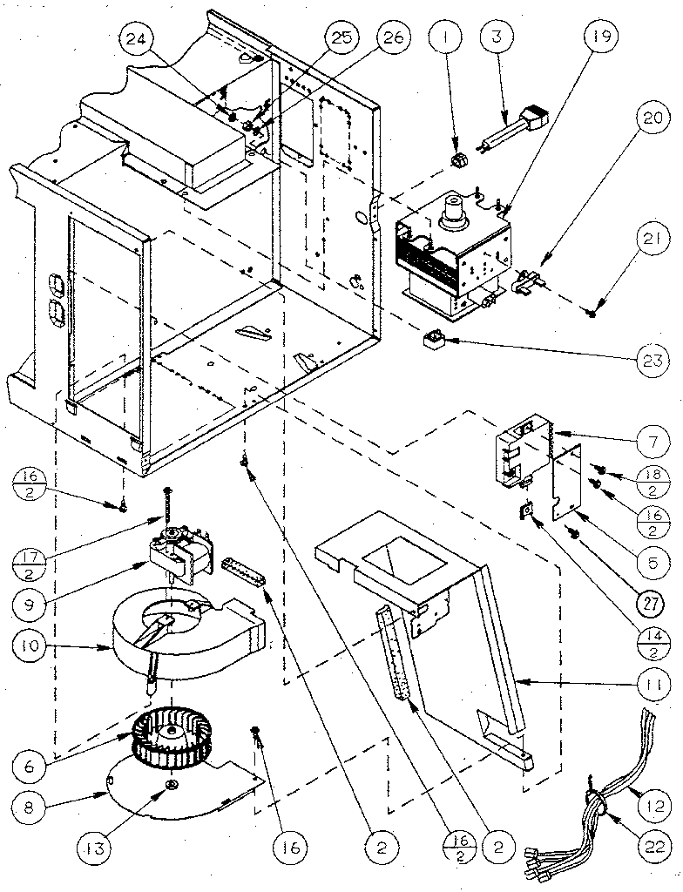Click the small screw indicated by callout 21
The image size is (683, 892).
(x=592, y=311)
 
